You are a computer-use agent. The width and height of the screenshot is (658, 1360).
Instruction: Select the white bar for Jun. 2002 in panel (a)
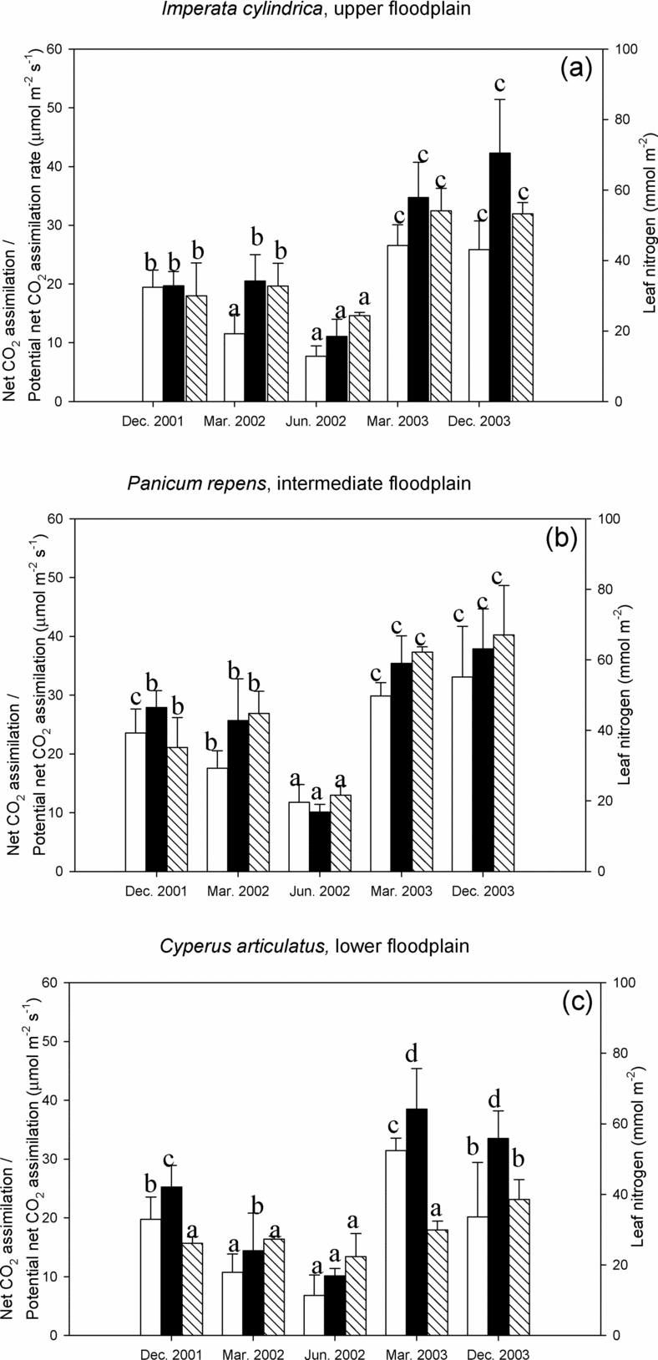[315, 379]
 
